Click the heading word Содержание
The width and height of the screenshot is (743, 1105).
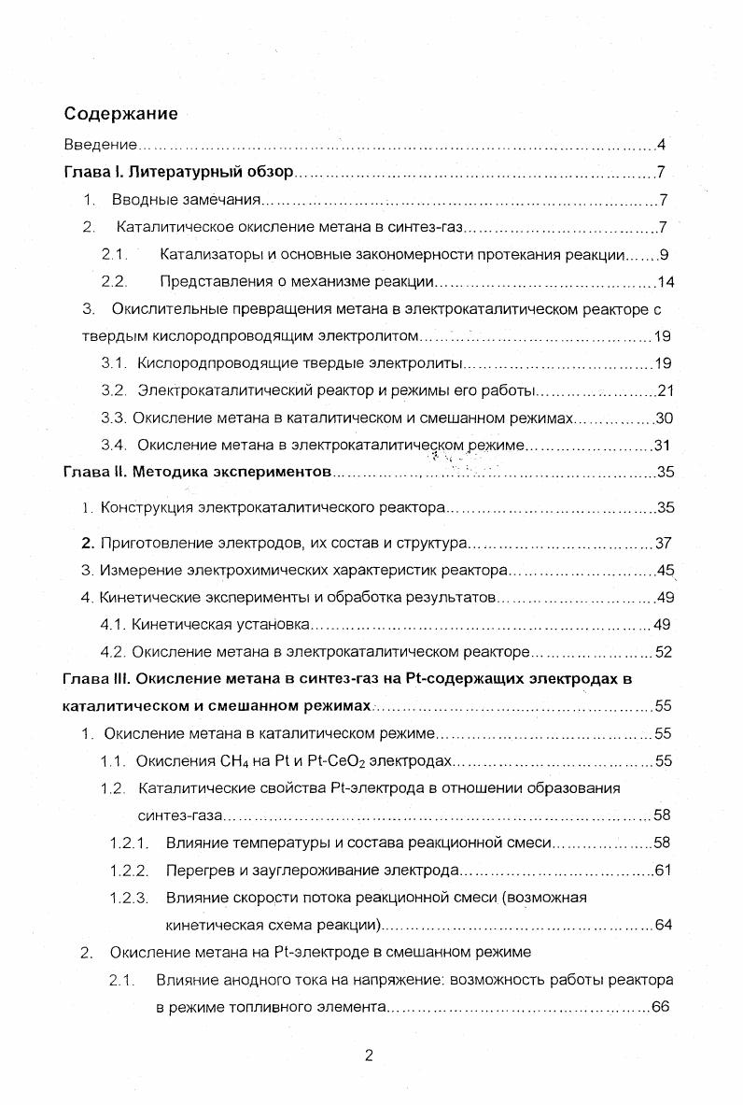[x=120, y=114]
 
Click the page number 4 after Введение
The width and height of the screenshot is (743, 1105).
[x=661, y=145]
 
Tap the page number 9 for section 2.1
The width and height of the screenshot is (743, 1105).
[x=664, y=254]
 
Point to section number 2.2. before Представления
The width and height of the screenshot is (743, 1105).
[x=114, y=281]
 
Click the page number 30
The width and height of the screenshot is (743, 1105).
[x=664, y=418]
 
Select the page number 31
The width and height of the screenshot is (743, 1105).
[x=664, y=446]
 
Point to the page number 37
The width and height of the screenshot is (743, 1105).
[x=664, y=543]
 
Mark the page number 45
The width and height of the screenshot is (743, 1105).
[x=665, y=570]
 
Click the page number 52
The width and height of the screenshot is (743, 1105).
[x=664, y=652]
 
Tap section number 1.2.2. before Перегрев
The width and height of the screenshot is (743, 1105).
[x=130, y=871]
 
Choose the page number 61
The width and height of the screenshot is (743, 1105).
[x=664, y=871]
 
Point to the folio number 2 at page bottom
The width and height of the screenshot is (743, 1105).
[x=369, y=1056]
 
